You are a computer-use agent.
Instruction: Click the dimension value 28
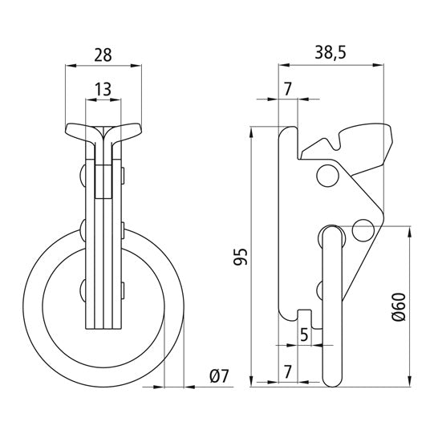[103, 55]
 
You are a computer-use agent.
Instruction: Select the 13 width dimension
[103, 89]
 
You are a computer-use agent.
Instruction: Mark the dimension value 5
[304, 335]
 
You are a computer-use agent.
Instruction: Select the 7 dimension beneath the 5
[287, 371]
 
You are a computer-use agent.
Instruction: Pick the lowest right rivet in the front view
[122, 289]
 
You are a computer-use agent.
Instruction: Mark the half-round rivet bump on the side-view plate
[322, 288]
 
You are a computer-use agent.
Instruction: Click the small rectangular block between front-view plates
[103, 180]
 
